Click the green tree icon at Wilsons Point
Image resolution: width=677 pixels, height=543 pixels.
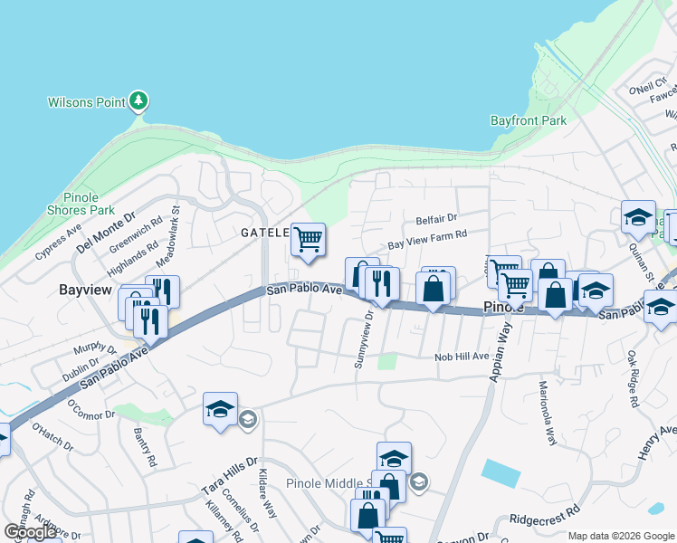tap(138, 101)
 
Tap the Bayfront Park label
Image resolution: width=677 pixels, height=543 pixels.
tap(528, 119)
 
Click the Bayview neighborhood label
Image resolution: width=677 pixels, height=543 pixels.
tap(85, 291)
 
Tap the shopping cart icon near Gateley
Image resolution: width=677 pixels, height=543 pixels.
tap(308, 240)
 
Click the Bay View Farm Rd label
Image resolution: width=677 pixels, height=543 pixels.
tap(426, 239)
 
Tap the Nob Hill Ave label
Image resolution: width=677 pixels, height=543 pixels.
tap(460, 357)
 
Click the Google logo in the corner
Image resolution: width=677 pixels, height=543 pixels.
tap(31, 532)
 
